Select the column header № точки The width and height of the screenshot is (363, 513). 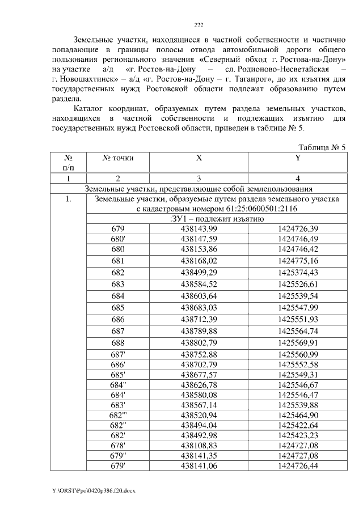click(118, 158)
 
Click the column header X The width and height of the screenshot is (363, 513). click(199, 158)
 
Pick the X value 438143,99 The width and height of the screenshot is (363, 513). click(199, 228)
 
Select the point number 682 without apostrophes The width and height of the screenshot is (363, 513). click(118, 272)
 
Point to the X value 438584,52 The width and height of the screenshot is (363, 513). click(199, 284)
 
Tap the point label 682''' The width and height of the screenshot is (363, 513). click(118, 416)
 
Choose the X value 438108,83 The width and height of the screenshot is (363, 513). click(199, 446)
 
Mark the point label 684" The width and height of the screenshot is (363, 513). click(118, 384)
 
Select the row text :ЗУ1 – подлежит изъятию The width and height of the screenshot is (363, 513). click(214, 219)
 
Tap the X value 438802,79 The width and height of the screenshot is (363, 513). click(199, 343)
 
